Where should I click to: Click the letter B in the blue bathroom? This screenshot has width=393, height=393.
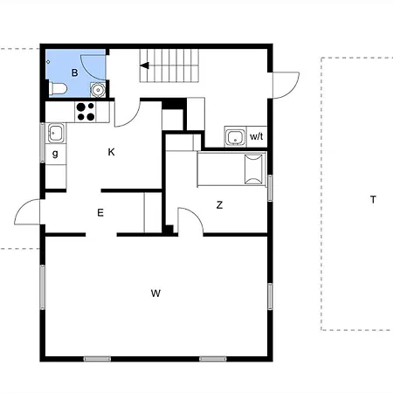pos(75,72)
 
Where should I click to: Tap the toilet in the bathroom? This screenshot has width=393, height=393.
pos(57,88)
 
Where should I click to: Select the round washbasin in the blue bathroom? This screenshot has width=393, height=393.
pos(98,88)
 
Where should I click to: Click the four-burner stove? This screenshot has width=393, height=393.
pos(86,111)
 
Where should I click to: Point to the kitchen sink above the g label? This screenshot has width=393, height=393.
pos(56,134)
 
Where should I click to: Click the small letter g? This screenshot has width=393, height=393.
pos(55,154)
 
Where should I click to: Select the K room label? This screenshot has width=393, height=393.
pos(111,152)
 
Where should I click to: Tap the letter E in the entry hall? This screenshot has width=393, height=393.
pos(100,212)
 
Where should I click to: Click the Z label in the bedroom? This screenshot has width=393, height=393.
pos(219,205)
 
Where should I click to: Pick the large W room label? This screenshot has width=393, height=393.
pos(155,293)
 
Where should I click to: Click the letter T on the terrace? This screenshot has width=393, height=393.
pos(373,200)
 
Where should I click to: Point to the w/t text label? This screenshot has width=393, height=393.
pos(257,137)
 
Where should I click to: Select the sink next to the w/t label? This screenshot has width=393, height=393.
pos(234,136)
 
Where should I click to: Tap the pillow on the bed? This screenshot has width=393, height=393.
pos(254,169)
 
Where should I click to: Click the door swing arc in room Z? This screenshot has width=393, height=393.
pos(191,218)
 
